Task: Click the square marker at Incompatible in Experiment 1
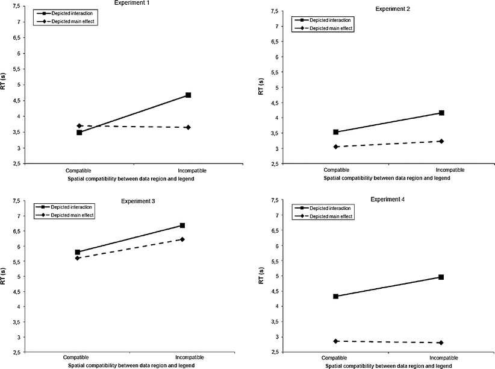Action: tap(188, 95)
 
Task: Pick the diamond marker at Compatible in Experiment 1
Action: tap(79, 126)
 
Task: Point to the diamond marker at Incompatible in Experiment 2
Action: tap(441, 141)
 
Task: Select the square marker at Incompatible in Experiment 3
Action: tap(182, 225)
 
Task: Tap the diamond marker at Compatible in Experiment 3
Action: tap(77, 258)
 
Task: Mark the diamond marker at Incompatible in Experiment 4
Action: tap(441, 342)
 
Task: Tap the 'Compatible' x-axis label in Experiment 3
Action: tap(77, 359)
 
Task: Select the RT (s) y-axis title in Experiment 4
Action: tap(261, 276)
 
